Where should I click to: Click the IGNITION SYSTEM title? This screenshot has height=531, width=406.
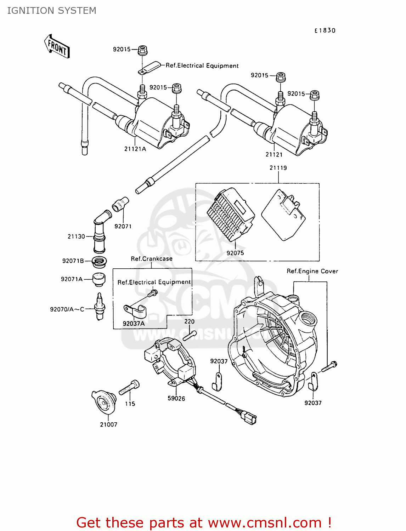(x=52, y=11)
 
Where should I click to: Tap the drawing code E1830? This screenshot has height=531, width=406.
(x=325, y=30)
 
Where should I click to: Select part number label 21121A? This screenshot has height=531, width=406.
(x=135, y=149)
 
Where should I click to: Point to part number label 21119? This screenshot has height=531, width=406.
(x=278, y=168)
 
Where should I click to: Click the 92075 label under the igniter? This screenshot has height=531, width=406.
(x=235, y=253)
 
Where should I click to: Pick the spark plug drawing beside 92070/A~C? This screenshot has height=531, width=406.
(x=100, y=307)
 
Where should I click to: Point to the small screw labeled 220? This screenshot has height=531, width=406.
(x=190, y=334)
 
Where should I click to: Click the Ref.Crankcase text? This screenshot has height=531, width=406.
(x=152, y=259)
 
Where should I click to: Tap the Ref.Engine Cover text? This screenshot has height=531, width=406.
(x=312, y=271)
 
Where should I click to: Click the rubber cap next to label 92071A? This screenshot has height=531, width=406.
(x=99, y=279)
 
